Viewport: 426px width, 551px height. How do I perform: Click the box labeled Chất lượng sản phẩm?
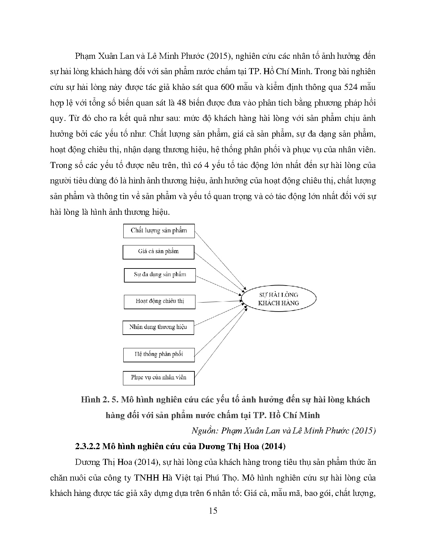click(x=159, y=231)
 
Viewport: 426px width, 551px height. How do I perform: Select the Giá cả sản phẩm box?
click(x=158, y=252)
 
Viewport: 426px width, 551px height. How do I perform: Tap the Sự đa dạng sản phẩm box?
click(x=160, y=275)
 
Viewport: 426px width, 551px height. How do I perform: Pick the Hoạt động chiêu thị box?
click(x=160, y=302)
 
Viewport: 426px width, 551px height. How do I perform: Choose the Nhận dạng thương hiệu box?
click(x=158, y=327)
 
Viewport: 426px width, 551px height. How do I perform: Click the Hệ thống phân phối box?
click(x=159, y=355)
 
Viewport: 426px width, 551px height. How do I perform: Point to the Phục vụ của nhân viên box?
click(x=159, y=378)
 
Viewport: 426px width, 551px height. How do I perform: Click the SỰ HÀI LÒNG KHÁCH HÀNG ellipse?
click(x=278, y=299)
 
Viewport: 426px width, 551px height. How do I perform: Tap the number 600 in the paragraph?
click(x=228, y=87)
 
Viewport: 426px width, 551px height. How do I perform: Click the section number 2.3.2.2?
click(x=88, y=446)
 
